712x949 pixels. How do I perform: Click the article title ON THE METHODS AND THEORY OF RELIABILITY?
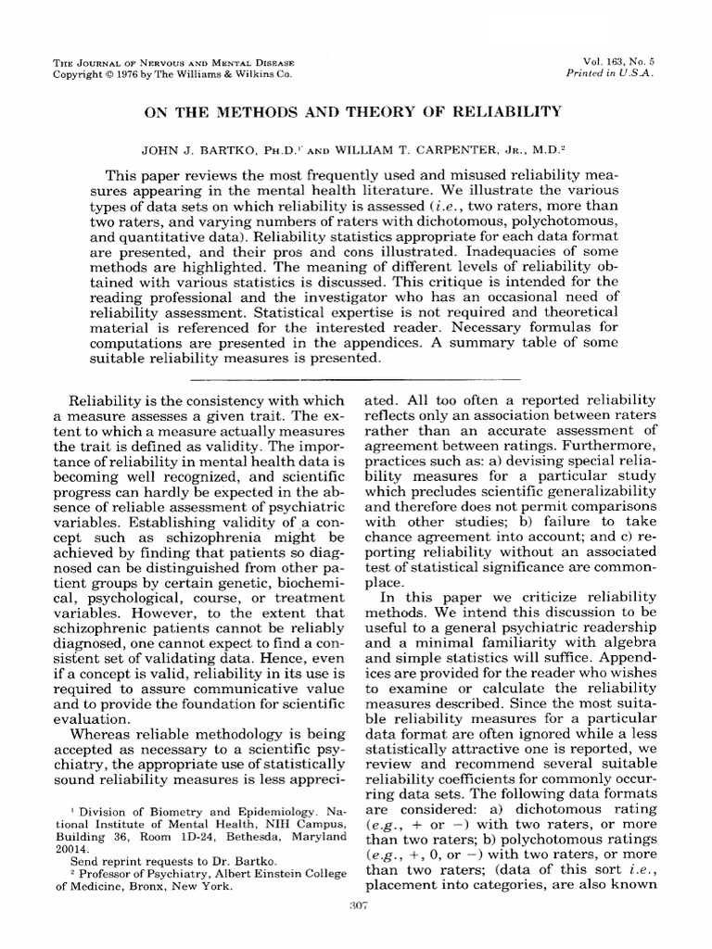point(350,112)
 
